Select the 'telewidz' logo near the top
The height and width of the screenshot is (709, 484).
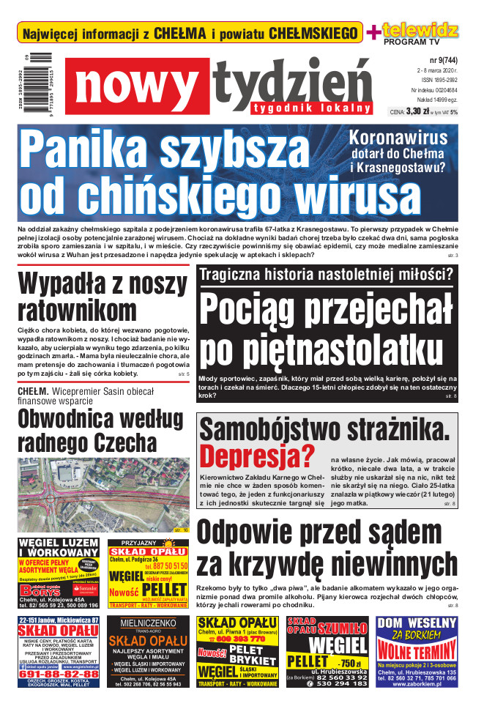(x=421, y=30)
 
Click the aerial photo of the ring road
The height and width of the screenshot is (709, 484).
(x=103, y=491)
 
